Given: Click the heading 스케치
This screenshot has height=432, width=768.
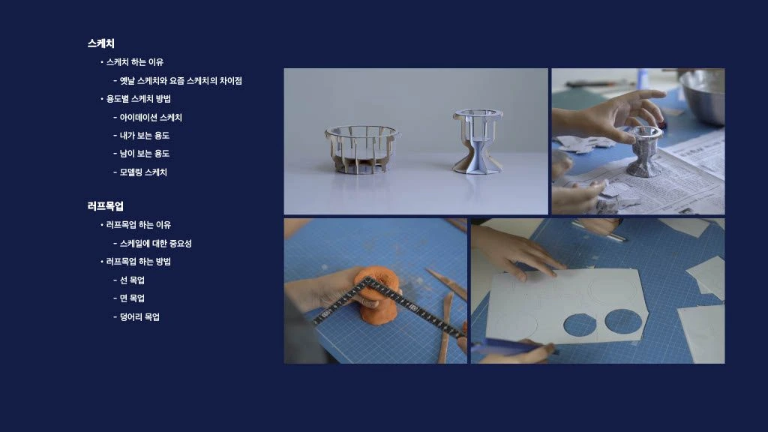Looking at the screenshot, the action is pos(101,43).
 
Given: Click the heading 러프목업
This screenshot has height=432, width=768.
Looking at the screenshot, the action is pos(105,206).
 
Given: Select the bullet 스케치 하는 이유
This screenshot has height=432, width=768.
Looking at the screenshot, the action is pos(135,62).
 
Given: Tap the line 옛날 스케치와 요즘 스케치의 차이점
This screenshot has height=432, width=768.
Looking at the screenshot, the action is pos(181,81).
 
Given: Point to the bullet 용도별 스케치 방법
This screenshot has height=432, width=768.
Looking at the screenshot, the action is pos(139,99).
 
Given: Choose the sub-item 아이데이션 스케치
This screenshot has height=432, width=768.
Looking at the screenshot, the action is pos(151,118).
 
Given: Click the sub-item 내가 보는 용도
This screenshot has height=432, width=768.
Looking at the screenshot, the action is pos(145,136).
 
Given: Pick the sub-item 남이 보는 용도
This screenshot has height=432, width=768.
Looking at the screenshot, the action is pos(145,154).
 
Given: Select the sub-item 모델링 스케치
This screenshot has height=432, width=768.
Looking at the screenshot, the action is pos(143,172).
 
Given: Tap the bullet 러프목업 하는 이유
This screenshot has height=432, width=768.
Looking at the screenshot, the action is pos(139,225).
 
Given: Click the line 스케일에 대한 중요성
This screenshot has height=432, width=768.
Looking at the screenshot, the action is pos(156,244).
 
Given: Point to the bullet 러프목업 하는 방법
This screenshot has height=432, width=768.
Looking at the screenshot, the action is pos(139,262).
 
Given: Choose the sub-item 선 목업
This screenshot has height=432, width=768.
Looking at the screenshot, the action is pos(132,280).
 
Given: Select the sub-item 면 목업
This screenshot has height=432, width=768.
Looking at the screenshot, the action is pos(132,298).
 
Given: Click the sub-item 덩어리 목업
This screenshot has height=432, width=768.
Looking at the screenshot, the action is pos(139,317).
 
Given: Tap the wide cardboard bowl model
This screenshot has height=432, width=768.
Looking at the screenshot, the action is pos(362,149).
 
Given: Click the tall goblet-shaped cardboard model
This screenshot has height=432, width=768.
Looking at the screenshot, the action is pos(478,142).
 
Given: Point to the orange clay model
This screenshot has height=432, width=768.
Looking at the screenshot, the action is pos(376,294).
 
